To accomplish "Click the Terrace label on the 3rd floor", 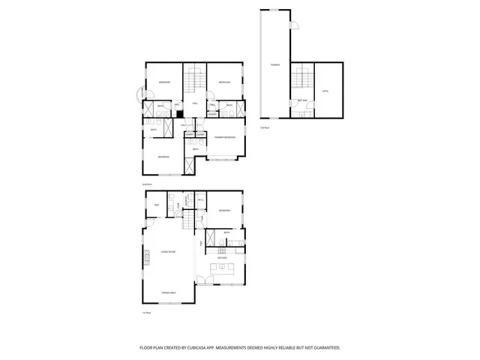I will pos(275,65).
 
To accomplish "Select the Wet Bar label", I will pos(303,100).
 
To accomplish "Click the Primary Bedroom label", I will pos(225,137).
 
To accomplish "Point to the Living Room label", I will pos(167,252).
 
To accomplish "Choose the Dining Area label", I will pos(169,292).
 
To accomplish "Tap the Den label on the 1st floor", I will pos(157,205).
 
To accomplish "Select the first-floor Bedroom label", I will pos(224,211).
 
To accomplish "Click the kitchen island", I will pos(222,268).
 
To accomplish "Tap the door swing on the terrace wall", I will pos(294,27).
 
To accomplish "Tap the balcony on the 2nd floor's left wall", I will pos(138,93).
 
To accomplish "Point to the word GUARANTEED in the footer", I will pos(325,348).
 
